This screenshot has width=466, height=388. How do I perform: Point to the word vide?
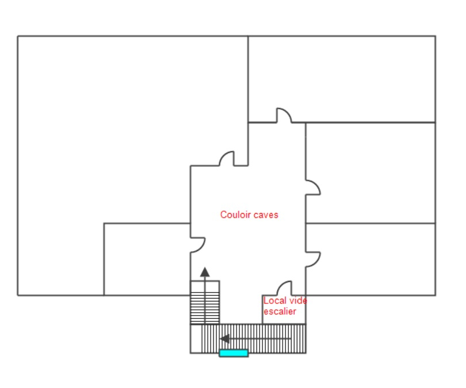pos(298,300)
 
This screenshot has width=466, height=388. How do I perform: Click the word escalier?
pos(280,311)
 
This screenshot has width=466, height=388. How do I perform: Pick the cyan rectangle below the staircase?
pos(234,353)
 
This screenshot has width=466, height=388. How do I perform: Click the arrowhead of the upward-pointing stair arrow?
pos(205,272)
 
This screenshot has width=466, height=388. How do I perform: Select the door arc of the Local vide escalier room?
pos(284,288)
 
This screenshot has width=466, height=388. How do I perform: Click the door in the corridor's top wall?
pos(284,115)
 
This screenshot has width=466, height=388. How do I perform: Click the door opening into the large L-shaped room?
pos(227,158)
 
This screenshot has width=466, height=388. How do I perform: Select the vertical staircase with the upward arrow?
pos(205,302)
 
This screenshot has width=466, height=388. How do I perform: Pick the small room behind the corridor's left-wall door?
pos(147,259)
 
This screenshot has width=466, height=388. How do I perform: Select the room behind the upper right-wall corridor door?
pos(370,173)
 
